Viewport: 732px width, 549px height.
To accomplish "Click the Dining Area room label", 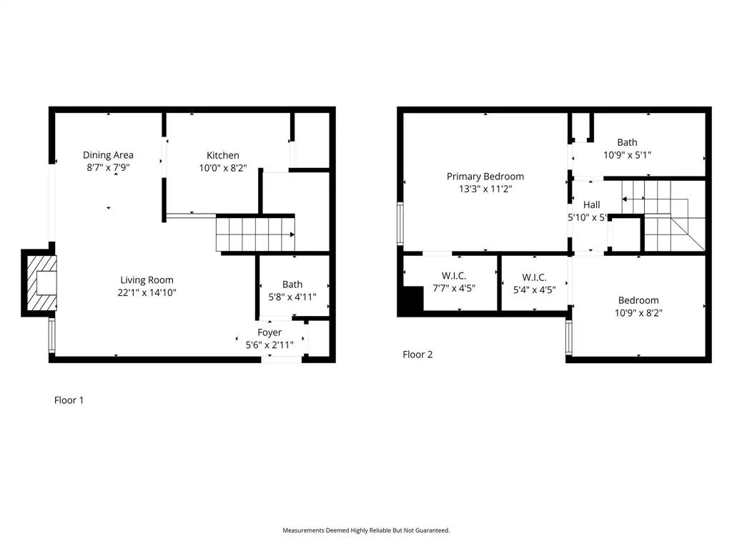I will (x=108, y=155).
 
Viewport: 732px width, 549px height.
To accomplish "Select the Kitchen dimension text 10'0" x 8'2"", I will (x=222, y=169).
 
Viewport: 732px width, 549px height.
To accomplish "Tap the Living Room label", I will (x=147, y=280).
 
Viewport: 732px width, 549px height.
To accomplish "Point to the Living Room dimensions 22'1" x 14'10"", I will (x=147, y=292).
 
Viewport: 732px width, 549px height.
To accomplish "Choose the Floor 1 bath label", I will (x=292, y=285).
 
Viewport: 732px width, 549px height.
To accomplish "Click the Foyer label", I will (x=269, y=332).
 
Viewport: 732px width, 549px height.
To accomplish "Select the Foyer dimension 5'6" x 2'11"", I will (x=269, y=345).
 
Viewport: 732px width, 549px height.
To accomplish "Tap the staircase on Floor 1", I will (x=255, y=234).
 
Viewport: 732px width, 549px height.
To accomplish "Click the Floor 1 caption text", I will (x=69, y=400).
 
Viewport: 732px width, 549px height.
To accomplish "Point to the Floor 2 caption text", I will (x=417, y=355).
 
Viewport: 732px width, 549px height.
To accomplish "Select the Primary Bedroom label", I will (x=485, y=177).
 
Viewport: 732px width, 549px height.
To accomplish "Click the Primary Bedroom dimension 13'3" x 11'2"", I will (x=485, y=189).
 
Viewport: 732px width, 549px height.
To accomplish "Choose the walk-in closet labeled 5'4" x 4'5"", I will (x=534, y=283).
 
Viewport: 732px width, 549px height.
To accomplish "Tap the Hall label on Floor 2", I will (x=591, y=205).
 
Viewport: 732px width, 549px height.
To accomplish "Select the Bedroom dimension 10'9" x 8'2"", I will (x=638, y=312).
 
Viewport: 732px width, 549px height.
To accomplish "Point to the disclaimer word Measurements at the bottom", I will (x=305, y=530).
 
